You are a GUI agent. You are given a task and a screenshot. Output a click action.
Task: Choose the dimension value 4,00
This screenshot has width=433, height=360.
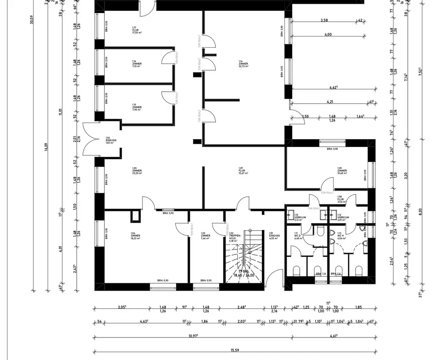click(328, 35)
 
